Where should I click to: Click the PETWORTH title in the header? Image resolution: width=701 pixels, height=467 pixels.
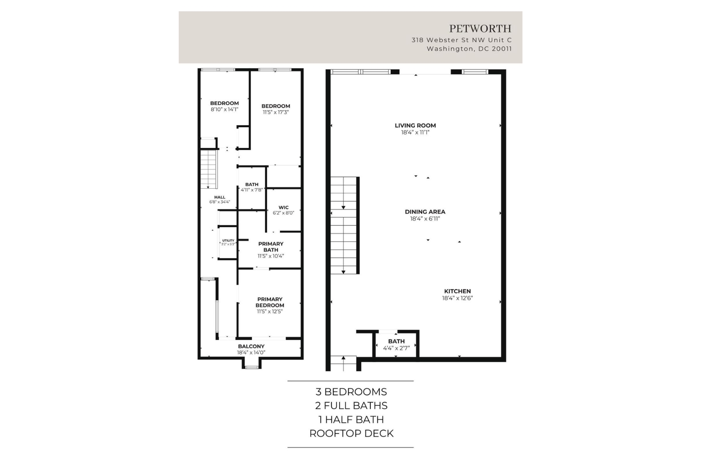480,28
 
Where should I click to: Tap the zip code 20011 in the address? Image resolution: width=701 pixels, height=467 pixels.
502,49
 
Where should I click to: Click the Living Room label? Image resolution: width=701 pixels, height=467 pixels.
415,125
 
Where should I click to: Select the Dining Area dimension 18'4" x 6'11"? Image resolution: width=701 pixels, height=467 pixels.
425,219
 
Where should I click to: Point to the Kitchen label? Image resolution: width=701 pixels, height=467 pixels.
457,291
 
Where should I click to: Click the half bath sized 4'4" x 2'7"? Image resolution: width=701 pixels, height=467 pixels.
396,345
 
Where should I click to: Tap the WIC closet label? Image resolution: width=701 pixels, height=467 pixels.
284,207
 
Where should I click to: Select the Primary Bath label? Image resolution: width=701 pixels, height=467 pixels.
271,247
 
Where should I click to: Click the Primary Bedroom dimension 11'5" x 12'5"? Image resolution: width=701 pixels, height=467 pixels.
269,311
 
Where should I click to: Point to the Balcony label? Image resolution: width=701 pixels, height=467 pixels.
251,346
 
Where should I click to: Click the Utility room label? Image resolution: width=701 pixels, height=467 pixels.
228,241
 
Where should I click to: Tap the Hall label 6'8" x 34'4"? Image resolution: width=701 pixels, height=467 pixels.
220,199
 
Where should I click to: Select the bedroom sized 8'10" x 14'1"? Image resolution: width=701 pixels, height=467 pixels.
224,106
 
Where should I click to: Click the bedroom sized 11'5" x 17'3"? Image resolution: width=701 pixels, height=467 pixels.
276,109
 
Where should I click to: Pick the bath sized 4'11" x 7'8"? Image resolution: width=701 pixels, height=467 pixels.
252,187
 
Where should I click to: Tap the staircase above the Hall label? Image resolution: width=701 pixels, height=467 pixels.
208,169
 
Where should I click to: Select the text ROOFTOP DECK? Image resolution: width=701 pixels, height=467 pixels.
351,433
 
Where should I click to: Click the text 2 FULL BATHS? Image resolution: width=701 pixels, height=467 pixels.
351,406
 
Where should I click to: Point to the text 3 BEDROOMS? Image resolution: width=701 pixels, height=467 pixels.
351,392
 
